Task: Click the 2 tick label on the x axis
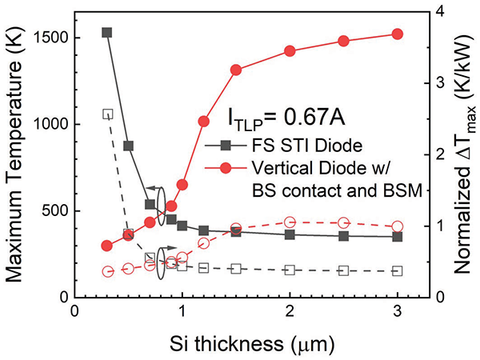click(x=290, y=311)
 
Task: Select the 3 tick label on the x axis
click(x=398, y=311)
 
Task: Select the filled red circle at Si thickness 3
click(x=398, y=34)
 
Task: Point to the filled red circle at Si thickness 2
click(x=290, y=51)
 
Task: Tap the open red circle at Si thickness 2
click(x=290, y=222)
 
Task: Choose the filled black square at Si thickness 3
click(x=398, y=237)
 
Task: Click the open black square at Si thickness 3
click(x=398, y=271)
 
